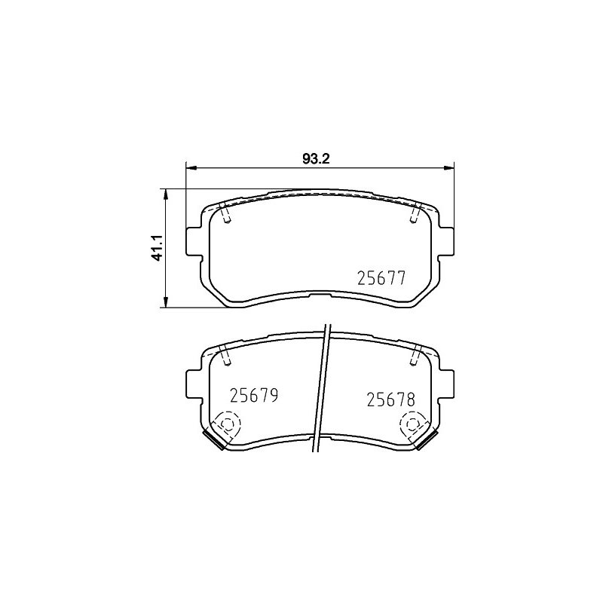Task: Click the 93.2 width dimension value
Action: click(317, 159)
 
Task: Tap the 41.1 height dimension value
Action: click(158, 248)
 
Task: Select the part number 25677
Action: click(381, 278)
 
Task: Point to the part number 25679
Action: click(254, 395)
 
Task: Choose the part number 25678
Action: click(390, 399)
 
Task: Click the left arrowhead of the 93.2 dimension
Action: click(191, 167)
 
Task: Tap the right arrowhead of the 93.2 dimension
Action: click(448, 167)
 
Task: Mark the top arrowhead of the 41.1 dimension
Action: click(166, 194)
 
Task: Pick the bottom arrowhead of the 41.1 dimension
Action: click(166, 302)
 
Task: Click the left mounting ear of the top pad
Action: click(194, 241)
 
